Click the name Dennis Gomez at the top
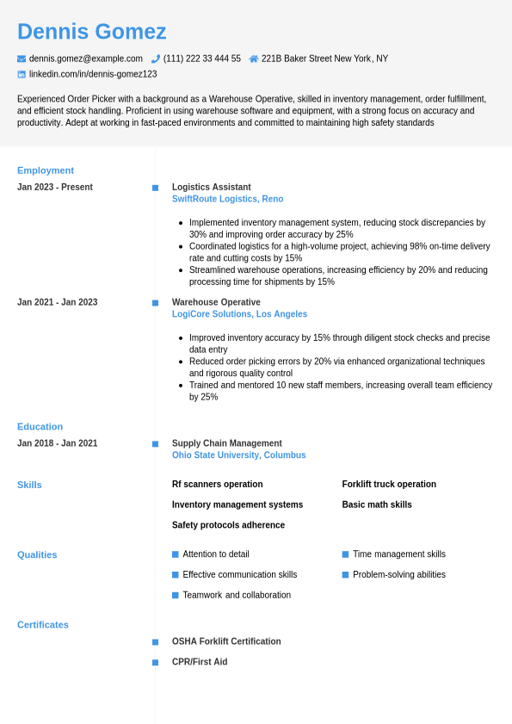(91, 32)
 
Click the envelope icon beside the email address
(22, 59)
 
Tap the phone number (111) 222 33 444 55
(201, 59)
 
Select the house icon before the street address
(253, 59)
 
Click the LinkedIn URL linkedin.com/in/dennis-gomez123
(93, 74)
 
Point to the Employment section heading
(46, 170)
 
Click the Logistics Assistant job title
(211, 187)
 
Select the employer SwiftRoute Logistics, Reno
(227, 199)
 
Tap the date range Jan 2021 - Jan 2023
(57, 302)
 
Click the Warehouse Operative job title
(216, 302)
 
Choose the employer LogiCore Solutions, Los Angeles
(239, 314)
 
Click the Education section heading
(40, 426)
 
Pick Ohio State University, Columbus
(238, 455)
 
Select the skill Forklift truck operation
(389, 484)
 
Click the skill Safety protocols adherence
(228, 525)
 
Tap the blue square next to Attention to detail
(176, 554)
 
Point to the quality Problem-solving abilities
(399, 574)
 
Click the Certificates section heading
(43, 624)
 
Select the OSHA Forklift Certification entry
(226, 641)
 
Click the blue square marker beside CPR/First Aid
(155, 662)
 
